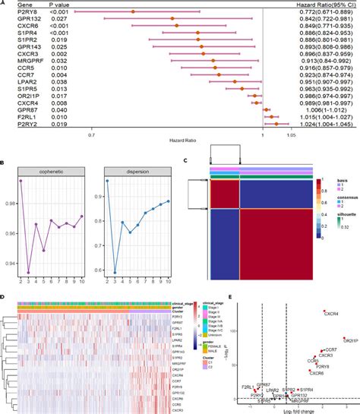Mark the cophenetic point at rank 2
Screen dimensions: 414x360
[21, 181]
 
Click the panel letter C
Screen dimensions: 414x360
[187, 160]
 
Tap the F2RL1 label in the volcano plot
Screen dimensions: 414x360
[248, 387]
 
